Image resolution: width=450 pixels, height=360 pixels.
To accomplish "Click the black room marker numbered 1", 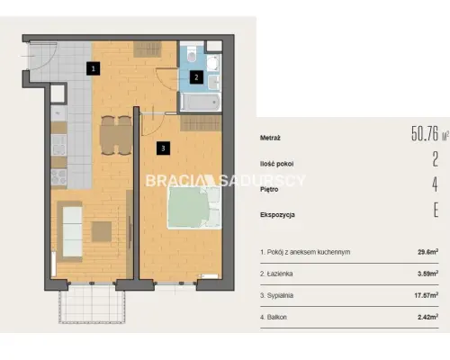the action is pyautogui.click(x=94, y=68).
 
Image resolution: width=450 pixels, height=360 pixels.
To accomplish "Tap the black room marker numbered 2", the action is pyautogui.click(x=196, y=77).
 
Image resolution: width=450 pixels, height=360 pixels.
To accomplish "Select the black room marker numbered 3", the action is pyautogui.click(x=163, y=148).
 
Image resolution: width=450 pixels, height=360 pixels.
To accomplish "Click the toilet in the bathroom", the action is pyautogui.click(x=192, y=54).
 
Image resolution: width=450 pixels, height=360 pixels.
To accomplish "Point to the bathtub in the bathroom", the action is pyautogui.click(x=201, y=102).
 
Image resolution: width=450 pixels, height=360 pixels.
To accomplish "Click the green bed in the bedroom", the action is pyautogui.click(x=194, y=208).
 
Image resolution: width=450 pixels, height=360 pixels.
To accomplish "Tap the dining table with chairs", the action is pyautogui.click(x=116, y=135).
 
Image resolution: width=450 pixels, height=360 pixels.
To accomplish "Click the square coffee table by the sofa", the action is pyautogui.click(x=102, y=231).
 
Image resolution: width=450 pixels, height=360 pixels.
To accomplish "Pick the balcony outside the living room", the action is pyautogui.click(x=92, y=303).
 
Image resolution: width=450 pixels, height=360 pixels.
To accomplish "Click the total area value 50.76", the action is pyautogui.click(x=425, y=134).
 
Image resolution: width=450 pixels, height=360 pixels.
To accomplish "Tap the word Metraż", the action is pyautogui.click(x=270, y=139).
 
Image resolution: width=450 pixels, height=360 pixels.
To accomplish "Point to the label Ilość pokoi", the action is pyautogui.click(x=277, y=164).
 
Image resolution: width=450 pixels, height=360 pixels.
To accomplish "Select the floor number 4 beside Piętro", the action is pyautogui.click(x=436, y=184).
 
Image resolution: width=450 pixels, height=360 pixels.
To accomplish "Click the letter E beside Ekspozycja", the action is pyautogui.click(x=436, y=210).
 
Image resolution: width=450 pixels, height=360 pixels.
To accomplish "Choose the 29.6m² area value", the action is pyautogui.click(x=428, y=252).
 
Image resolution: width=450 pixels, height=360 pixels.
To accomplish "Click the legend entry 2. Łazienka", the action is pyautogui.click(x=276, y=274).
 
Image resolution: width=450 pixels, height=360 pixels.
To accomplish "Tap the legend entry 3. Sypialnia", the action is pyautogui.click(x=276, y=295).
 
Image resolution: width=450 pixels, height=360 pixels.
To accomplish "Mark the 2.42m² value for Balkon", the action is pyautogui.click(x=428, y=317).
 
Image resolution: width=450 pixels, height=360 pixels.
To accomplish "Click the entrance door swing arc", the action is pyautogui.click(x=51, y=60).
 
